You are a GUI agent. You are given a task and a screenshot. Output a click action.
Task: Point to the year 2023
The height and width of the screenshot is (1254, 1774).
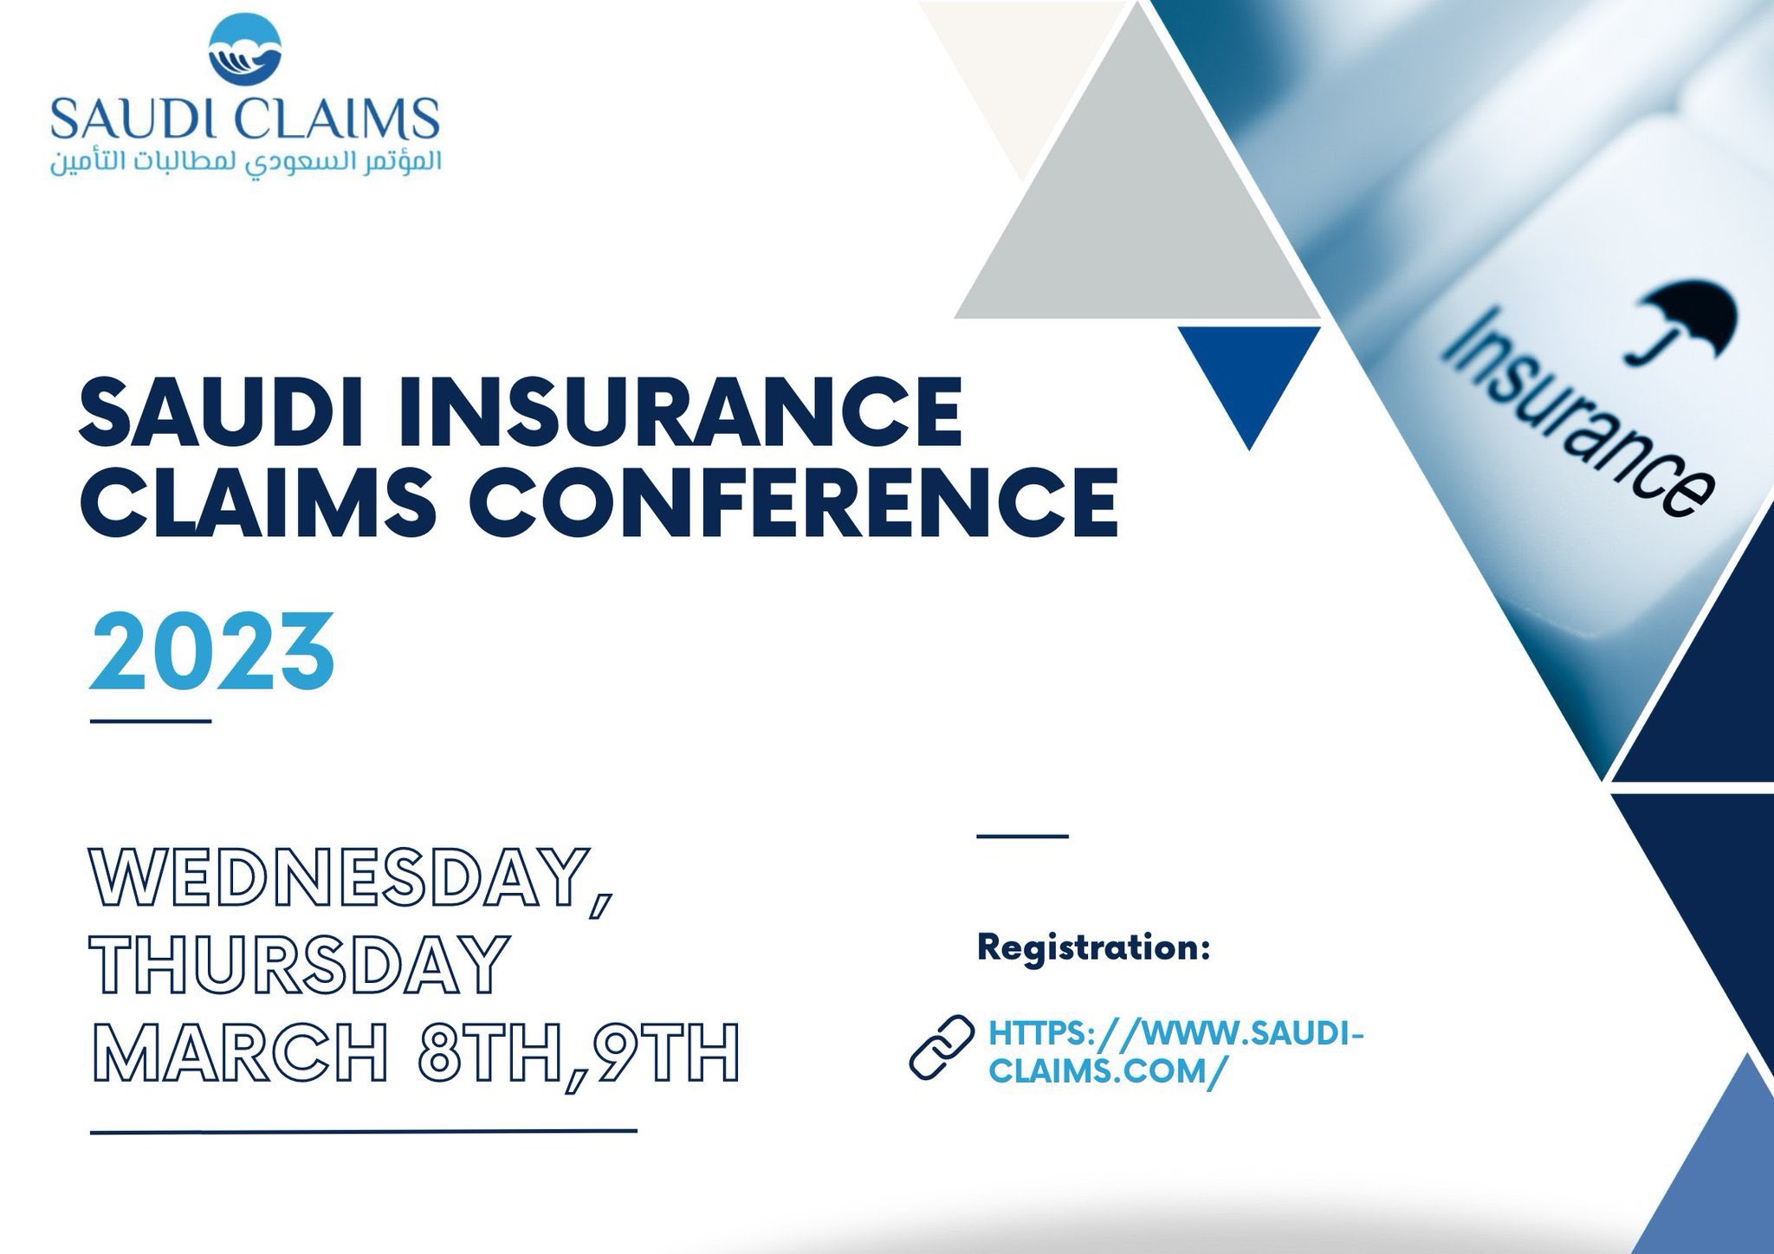pos(212,651)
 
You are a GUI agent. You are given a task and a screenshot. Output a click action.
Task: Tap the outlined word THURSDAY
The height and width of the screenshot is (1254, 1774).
pos(298,964)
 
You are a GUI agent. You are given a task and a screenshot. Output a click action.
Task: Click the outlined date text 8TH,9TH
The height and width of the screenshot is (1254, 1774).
pos(579,1051)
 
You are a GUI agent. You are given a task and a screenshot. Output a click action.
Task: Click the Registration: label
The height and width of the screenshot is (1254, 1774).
pos(1093,948)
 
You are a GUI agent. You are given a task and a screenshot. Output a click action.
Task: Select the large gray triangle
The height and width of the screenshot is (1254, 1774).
pos(1136,165)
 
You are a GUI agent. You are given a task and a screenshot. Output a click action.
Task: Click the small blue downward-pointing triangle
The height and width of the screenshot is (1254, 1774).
pos(1248,386)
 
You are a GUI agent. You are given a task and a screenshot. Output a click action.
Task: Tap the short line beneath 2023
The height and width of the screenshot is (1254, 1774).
pos(151,720)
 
